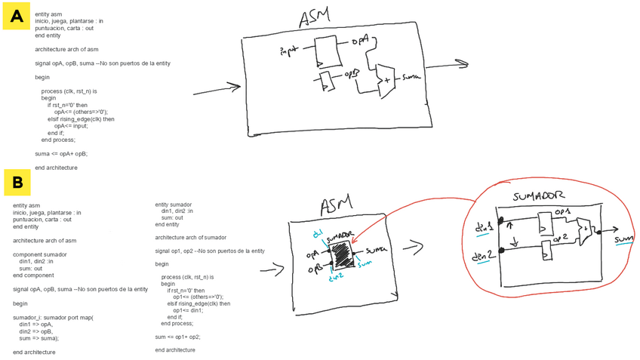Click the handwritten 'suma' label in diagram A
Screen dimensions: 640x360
click(411, 77)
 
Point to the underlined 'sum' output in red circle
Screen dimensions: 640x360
click(623, 240)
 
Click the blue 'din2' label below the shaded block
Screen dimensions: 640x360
click(337, 276)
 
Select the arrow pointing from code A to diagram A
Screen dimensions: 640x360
click(215, 91)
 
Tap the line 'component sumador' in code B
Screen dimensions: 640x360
click(40, 254)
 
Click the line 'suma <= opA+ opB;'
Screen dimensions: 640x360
click(61, 153)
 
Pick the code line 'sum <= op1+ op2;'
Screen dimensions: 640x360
click(180, 336)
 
